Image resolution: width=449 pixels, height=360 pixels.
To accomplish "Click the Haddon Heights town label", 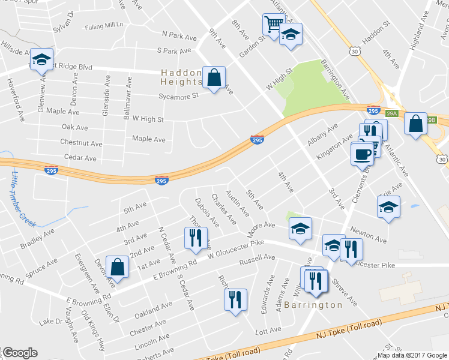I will pos(181,76).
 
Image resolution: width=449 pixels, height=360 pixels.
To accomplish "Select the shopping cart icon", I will pos(273,25).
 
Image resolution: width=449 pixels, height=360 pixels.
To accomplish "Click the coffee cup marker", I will pos(363,154).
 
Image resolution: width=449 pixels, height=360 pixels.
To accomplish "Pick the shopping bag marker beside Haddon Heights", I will pos(213,77).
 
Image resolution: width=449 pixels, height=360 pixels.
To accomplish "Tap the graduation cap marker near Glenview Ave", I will pos(41,59).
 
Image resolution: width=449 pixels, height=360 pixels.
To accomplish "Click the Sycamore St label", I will pos(178,96).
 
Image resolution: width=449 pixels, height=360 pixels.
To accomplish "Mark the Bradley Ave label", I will pos(37,238).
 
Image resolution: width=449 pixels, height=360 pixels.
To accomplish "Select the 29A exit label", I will pos(392,113).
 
